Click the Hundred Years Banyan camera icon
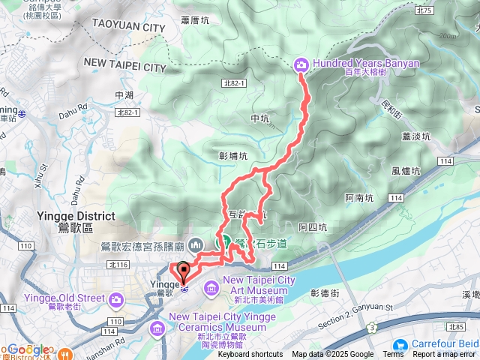click(x=301, y=65)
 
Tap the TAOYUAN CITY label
click(x=127, y=28)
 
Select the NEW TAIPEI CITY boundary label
click(x=124, y=67)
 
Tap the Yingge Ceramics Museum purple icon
click(x=157, y=328)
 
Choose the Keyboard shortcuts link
click(x=250, y=355)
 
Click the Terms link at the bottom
click(x=393, y=355)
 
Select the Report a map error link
click(x=445, y=355)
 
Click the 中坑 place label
click(x=259, y=118)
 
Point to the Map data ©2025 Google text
click(x=333, y=355)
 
